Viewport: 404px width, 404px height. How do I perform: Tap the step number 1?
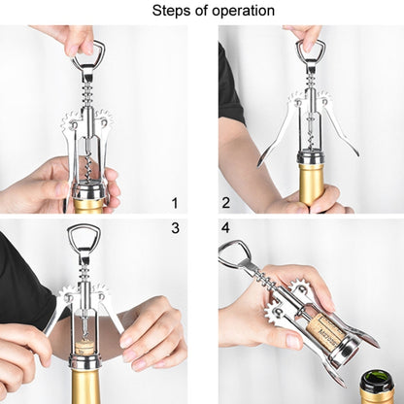click(x=176, y=203)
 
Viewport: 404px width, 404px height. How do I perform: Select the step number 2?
click(x=225, y=203)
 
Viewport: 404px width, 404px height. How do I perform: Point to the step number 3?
click(x=176, y=229)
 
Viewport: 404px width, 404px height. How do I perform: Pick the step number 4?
click(x=225, y=229)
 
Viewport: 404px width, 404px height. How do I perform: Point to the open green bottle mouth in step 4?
click(x=380, y=382)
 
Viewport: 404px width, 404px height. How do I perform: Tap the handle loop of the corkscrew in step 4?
click(x=233, y=255)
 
